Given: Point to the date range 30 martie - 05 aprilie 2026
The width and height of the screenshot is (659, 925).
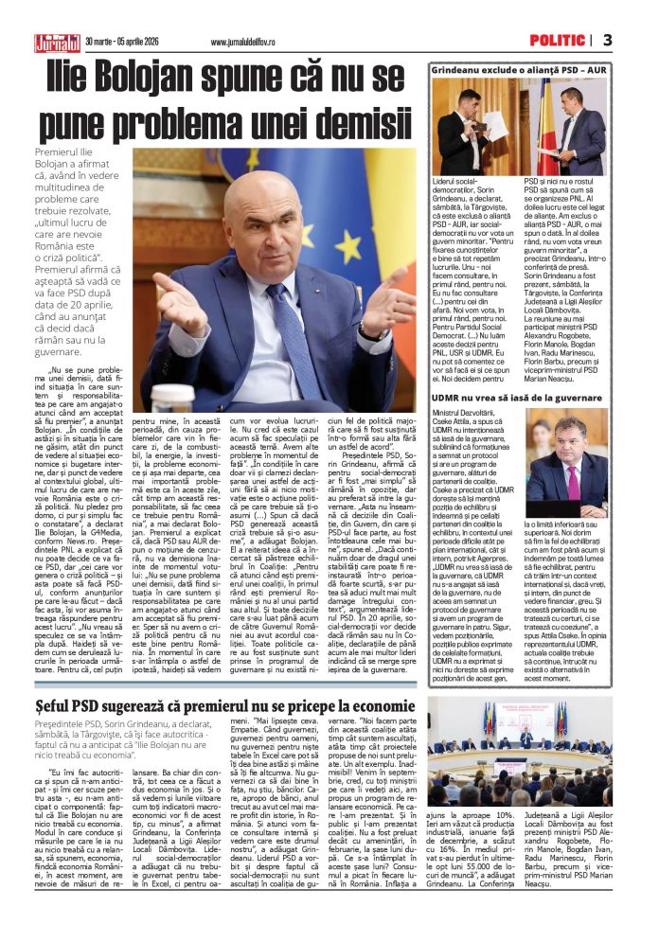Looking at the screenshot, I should pos(129,41).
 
